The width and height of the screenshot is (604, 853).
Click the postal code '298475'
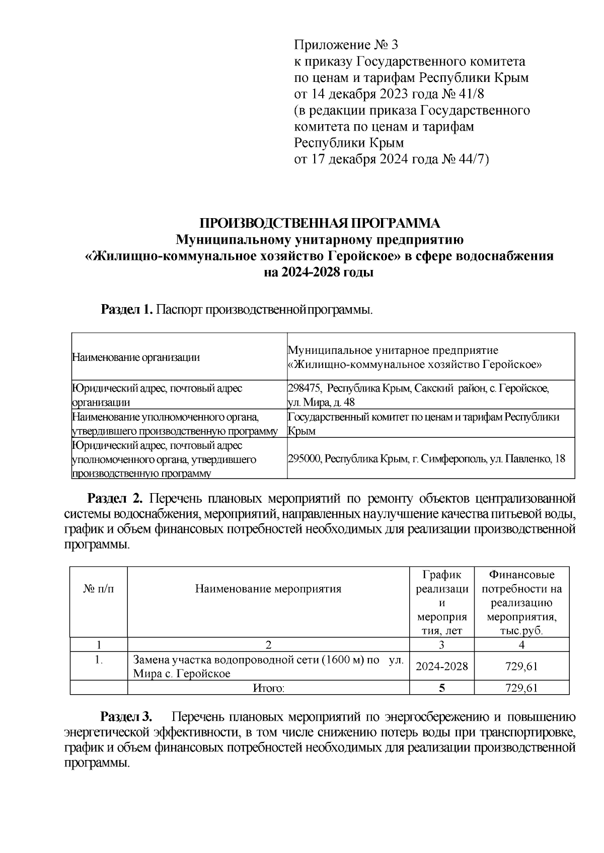tap(303, 389)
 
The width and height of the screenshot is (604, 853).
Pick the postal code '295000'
tap(303, 459)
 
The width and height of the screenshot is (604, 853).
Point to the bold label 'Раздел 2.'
tap(116, 499)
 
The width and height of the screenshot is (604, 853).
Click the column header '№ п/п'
tap(98, 589)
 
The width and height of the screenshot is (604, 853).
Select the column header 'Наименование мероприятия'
tap(268, 589)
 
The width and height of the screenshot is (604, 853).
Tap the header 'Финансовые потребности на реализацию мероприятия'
tap(521, 602)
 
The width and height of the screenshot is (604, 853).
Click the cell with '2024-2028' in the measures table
tap(441, 667)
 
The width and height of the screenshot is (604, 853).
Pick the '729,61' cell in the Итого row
tap(521, 688)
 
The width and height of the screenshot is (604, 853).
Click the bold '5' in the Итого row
tap(441, 688)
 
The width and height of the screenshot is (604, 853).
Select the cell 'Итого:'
tap(268, 688)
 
